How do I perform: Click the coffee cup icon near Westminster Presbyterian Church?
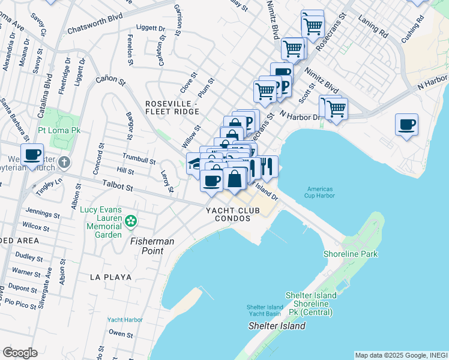click(x=32, y=155)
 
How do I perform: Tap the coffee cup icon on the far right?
click(x=406, y=125)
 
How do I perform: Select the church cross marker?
click(x=65, y=163)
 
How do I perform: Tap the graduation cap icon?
click(x=194, y=163)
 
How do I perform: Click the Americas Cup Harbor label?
click(x=319, y=193)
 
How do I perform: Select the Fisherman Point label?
click(x=152, y=245)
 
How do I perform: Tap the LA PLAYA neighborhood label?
click(x=106, y=277)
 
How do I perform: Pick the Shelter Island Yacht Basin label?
click(x=264, y=311)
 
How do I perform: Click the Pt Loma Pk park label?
click(x=59, y=130)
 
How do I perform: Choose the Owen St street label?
click(x=121, y=334)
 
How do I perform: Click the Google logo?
click(x=20, y=353)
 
